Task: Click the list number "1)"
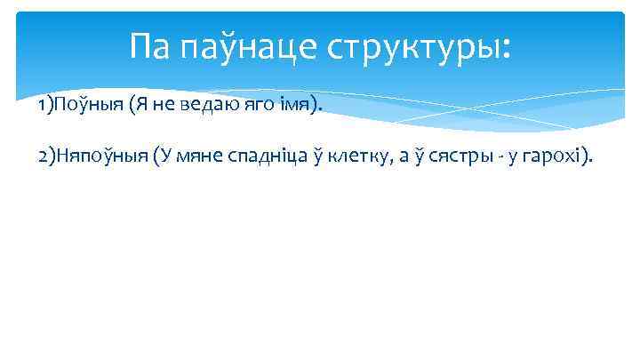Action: coord(45,107)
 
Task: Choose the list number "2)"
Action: coord(46,157)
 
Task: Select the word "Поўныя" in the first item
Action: coord(88,107)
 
